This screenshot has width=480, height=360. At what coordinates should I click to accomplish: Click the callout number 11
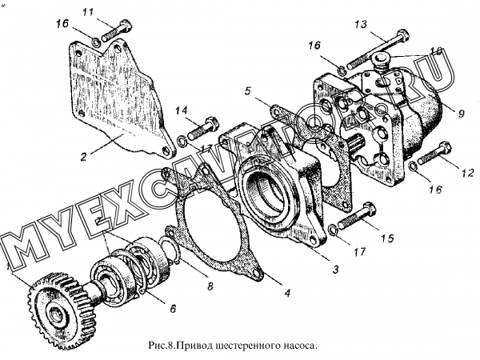pyautogui.click(x=110, y=11)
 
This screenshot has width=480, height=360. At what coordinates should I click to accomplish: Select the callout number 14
pyautogui.click(x=182, y=110)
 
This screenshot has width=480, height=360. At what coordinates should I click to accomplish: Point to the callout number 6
pyautogui.click(x=172, y=307)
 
